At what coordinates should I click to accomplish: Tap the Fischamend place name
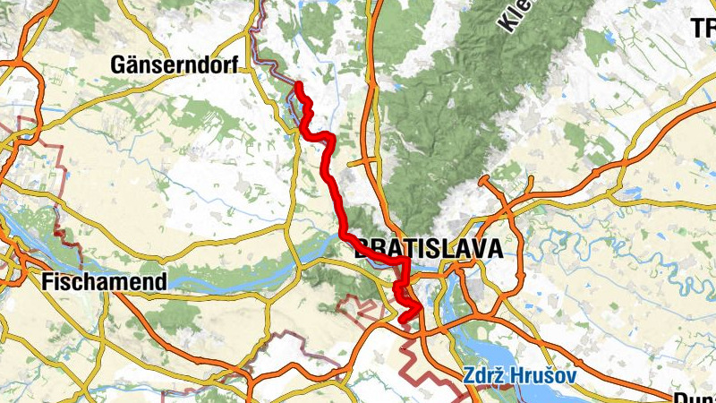pyautogui.click(x=104, y=282)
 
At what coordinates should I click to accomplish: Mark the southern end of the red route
pyautogui.click(x=402, y=319)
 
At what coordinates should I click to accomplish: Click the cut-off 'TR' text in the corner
pyautogui.click(x=702, y=28)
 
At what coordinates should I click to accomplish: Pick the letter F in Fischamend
pyautogui.click(x=47, y=282)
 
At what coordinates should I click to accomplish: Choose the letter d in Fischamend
pyautogui.click(x=160, y=282)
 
